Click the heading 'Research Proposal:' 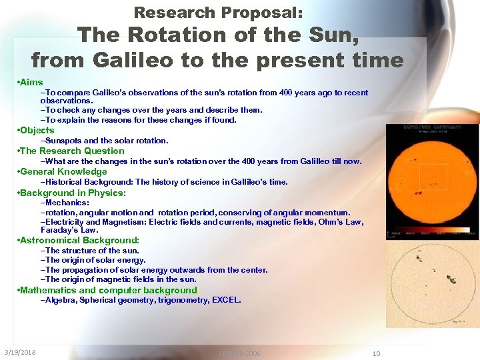(x=218, y=13)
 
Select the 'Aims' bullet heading (x=31, y=82)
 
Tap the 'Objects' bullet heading (x=37, y=130)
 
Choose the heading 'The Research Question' (x=72, y=151)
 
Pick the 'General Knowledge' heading (x=63, y=171)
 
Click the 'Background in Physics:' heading (x=73, y=193)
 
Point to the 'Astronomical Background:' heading (x=79, y=240)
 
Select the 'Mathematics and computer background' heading (x=109, y=290)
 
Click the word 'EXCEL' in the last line (x=225, y=300)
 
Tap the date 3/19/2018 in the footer (x=20, y=353)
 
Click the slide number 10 (x=376, y=353)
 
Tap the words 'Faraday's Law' (x=69, y=230)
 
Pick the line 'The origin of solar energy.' (x=93, y=260)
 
